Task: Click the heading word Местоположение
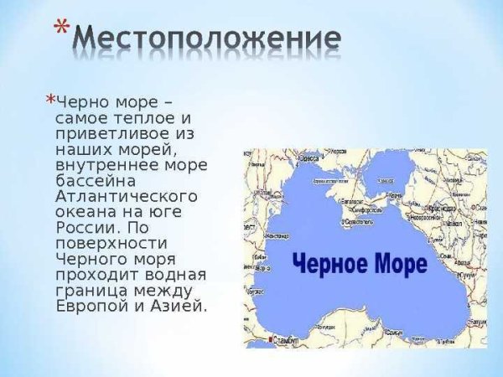point(206,39)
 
